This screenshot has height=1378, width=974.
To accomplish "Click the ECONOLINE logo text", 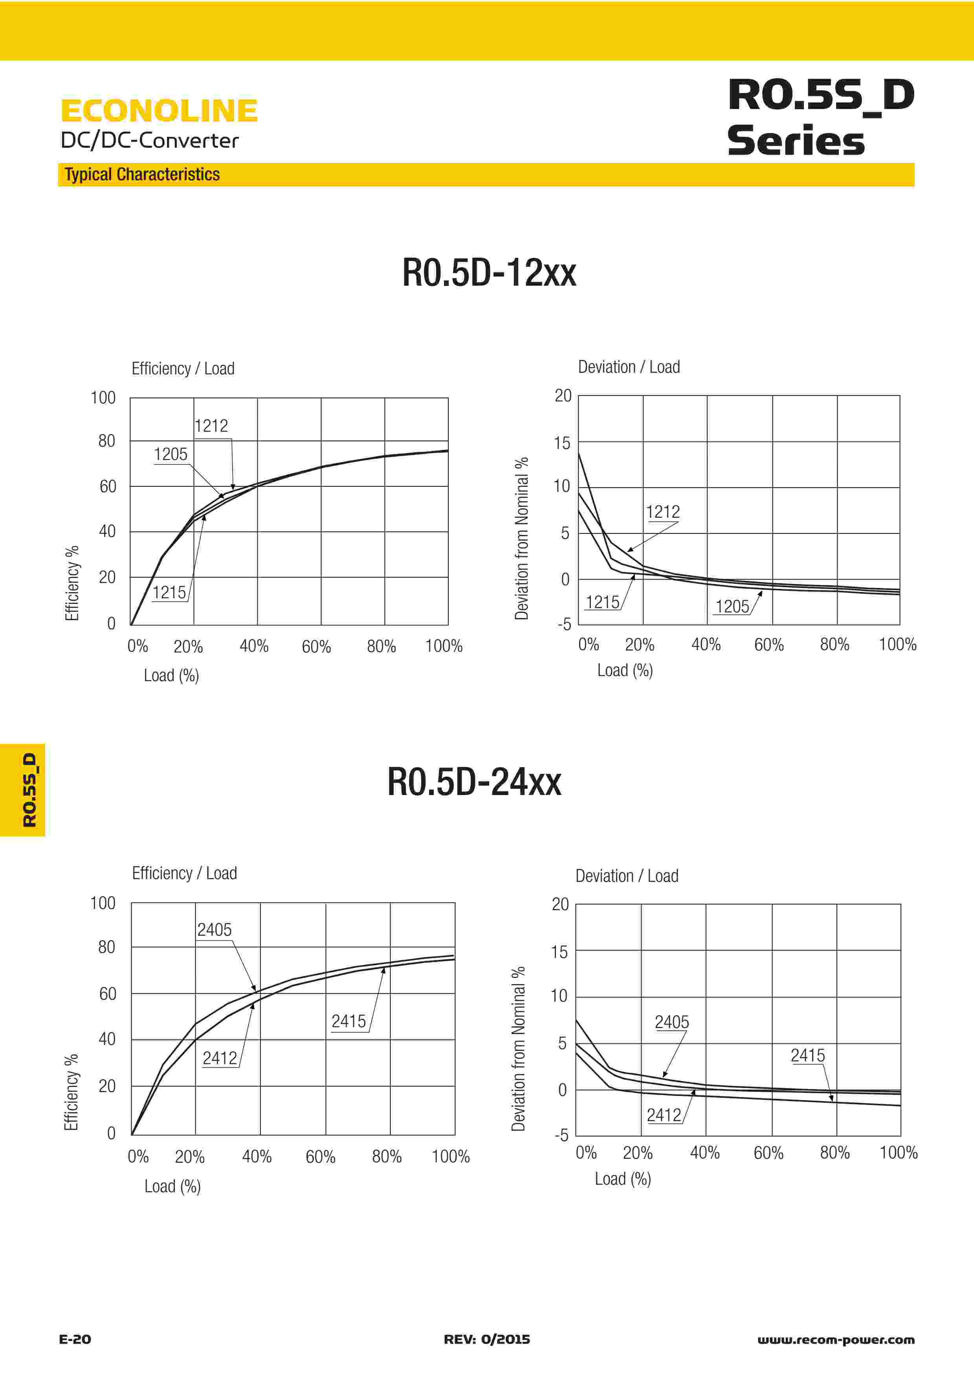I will coord(159,111).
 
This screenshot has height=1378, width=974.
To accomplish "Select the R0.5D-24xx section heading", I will coord(474,782).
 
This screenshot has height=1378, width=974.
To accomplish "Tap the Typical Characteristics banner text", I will coord(142,175).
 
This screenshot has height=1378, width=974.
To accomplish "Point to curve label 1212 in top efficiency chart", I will coord(211,426).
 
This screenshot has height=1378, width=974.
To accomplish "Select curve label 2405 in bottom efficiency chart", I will coord(214,930).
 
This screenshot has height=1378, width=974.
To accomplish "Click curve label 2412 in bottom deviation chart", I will coord(664,1115).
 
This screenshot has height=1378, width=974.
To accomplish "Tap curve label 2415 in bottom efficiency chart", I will coord(349,1021).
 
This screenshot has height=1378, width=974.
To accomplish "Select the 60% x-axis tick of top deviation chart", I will coord(769,645).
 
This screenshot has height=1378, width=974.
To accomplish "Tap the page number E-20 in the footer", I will coord(75,1339).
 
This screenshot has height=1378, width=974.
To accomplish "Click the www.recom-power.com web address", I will coord(836,1339).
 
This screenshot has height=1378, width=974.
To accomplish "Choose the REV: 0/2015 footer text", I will coord(487,1339).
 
